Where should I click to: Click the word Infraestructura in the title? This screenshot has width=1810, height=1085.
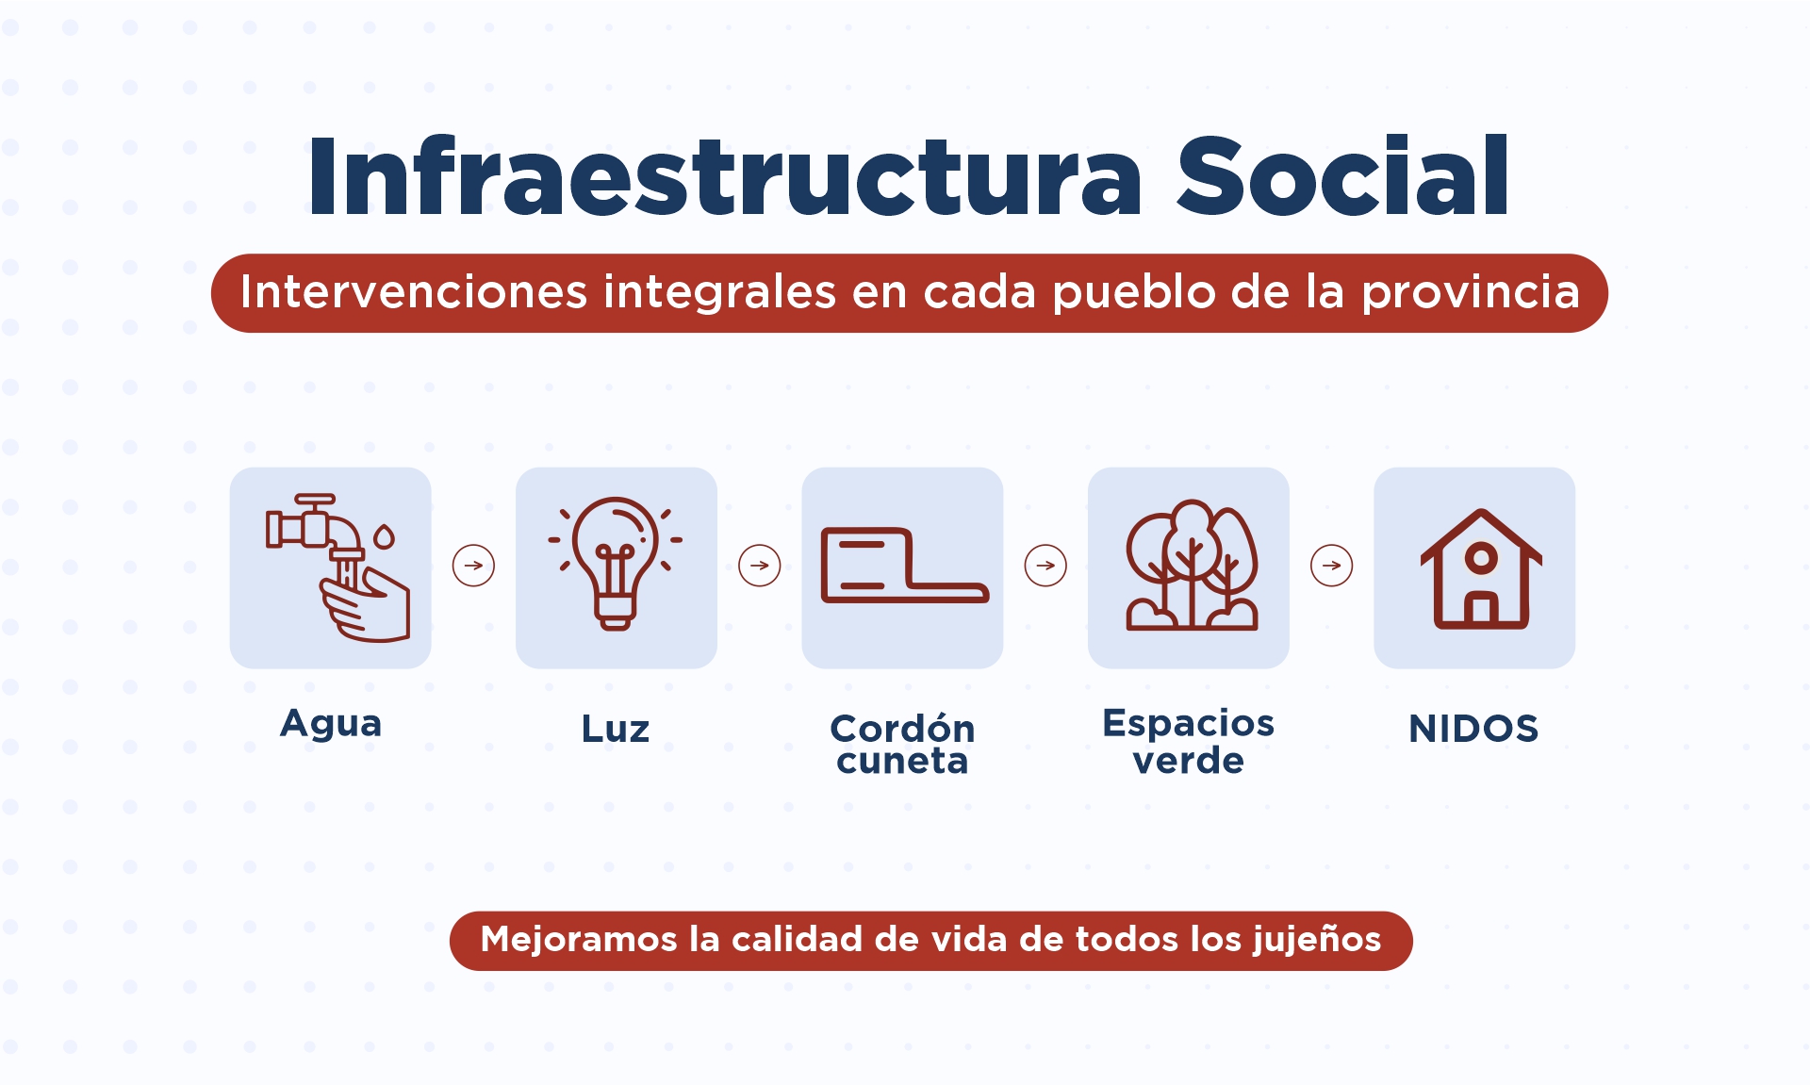point(725,176)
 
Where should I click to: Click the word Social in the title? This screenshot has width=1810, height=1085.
point(1343,176)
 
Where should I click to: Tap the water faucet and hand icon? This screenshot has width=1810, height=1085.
point(337,567)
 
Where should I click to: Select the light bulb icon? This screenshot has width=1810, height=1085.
point(616,564)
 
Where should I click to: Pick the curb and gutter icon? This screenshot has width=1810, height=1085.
point(905,565)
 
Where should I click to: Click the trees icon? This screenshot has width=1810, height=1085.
point(1192,565)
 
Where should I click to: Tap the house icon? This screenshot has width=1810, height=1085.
point(1481,568)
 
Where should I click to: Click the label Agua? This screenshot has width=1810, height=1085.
point(331,724)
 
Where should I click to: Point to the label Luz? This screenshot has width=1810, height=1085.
point(616,729)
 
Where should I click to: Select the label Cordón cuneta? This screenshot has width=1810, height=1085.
point(902,744)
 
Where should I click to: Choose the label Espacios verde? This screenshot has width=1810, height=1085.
point(1189,741)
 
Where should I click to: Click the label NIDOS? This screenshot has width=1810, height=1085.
point(1473,729)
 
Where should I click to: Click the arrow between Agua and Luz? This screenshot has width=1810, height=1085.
point(473,566)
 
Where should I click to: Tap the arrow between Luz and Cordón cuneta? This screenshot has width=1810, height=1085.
point(760,566)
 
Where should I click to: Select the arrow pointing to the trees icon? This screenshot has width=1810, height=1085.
point(1045,566)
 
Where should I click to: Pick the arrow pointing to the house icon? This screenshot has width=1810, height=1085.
point(1332,566)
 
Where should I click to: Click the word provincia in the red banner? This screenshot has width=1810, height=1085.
point(1471,292)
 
